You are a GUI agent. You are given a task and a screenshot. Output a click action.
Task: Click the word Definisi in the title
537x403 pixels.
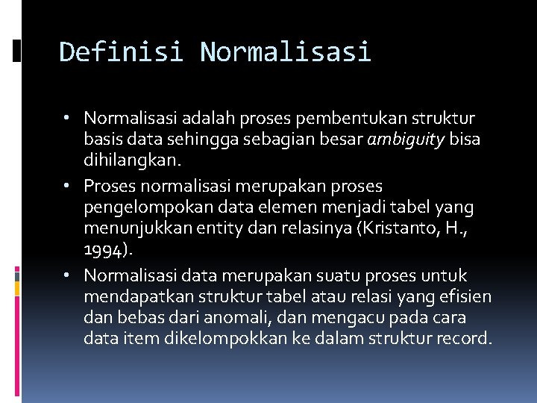pyautogui.click(x=121, y=52)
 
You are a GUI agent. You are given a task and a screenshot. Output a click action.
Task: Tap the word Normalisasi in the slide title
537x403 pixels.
pyautogui.click(x=285, y=52)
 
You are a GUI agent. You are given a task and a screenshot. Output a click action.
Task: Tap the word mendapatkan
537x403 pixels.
pyautogui.click(x=131, y=297)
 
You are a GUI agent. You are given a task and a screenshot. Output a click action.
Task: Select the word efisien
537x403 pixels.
pyautogui.click(x=466, y=297)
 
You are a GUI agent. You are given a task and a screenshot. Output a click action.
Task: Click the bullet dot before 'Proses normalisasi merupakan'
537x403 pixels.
pyautogui.click(x=67, y=185)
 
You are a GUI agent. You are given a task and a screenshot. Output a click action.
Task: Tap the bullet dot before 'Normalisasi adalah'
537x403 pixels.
pyautogui.click(x=67, y=118)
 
